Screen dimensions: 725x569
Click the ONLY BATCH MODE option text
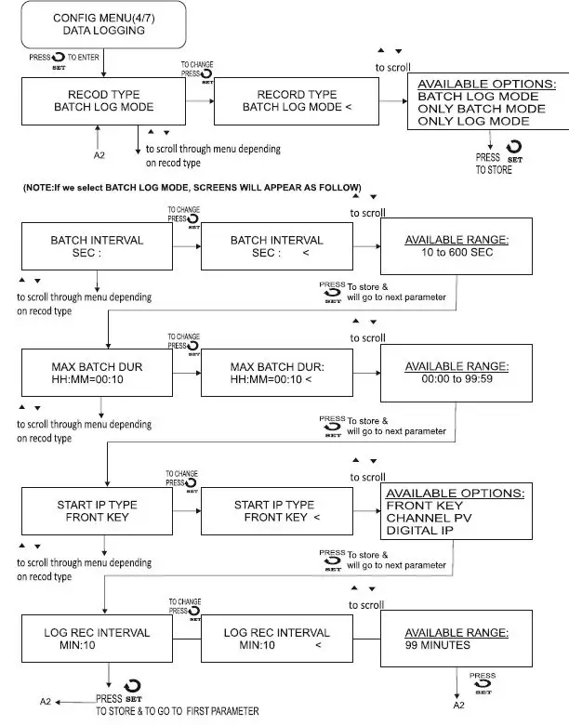click(480, 109)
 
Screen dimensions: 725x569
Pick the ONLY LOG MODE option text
click(474, 122)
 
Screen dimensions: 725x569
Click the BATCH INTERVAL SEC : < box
click(276, 246)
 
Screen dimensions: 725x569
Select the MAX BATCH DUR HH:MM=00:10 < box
click(276, 373)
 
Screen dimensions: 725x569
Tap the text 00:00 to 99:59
click(456, 380)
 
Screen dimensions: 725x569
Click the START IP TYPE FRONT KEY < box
click(276, 510)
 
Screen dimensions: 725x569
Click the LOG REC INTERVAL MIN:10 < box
click(276, 639)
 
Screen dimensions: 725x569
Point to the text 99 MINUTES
click(438, 645)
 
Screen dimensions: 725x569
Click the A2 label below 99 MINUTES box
click(459, 705)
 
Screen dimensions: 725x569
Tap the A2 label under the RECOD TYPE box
click(100, 153)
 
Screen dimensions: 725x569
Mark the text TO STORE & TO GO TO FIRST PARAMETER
click(177, 710)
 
